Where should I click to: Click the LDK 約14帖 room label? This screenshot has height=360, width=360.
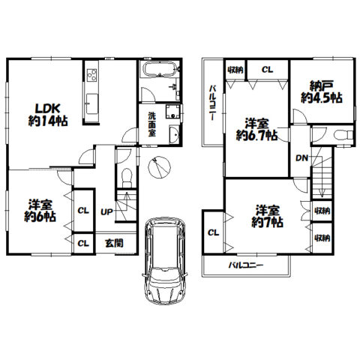pyautogui.click(x=47, y=115)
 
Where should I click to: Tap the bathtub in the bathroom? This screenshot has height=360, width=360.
pyautogui.click(x=159, y=68)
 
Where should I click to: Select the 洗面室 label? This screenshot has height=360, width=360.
pyautogui.click(x=152, y=124)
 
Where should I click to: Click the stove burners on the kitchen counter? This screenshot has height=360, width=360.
pyautogui.click(x=91, y=74)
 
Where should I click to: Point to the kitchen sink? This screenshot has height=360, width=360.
pyautogui.click(x=91, y=103)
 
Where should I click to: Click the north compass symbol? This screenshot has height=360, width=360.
pyautogui.click(x=159, y=167)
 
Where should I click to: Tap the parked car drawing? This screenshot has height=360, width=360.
pyautogui.click(x=165, y=261)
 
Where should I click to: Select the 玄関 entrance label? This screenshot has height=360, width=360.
pyautogui.click(x=114, y=243)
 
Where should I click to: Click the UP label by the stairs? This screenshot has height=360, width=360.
pyautogui.click(x=106, y=212)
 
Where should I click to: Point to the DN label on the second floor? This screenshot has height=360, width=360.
pyautogui.click(x=301, y=158)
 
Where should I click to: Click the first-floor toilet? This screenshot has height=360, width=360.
pyautogui.click(x=127, y=178)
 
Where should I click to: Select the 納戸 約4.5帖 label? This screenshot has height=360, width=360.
pyautogui.click(x=322, y=92)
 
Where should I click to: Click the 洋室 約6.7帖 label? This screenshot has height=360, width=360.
pyautogui.click(x=256, y=130)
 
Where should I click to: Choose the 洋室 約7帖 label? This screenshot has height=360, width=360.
pyautogui.click(x=267, y=217)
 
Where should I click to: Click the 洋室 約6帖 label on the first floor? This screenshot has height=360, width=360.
pyautogui.click(x=40, y=211)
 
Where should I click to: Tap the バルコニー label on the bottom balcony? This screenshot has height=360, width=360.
pyautogui.click(x=246, y=265)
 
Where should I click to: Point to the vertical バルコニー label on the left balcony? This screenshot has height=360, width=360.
pyautogui.click(x=212, y=103)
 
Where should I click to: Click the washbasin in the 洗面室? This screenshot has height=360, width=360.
pyautogui.click(x=174, y=135)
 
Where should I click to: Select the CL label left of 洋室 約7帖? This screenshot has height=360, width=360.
pyautogui.click(x=213, y=233)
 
